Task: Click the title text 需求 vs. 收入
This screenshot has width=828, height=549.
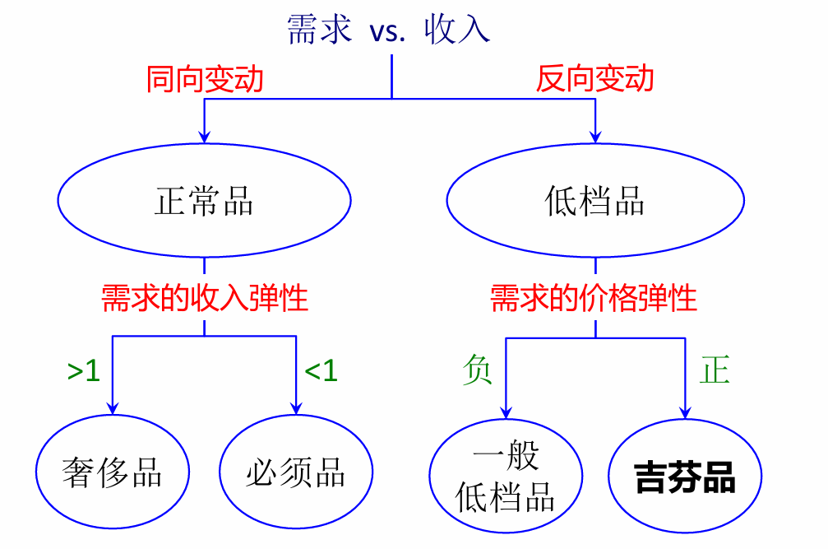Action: (389, 30)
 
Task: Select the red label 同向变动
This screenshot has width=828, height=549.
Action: (205, 79)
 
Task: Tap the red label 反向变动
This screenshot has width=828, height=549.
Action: (594, 79)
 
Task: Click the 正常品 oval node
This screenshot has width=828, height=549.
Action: (204, 201)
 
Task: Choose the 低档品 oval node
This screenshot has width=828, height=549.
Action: (594, 201)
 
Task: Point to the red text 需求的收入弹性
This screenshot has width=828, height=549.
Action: (205, 298)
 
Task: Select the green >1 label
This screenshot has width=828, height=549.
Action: (83, 372)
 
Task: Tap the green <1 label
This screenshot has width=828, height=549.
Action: (321, 372)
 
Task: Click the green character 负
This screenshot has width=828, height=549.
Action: (478, 370)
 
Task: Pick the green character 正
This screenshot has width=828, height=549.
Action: (714, 370)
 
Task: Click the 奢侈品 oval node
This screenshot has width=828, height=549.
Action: (112, 475)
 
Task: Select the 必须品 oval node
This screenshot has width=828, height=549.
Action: (296, 475)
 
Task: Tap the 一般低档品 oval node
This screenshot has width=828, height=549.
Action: (506, 477)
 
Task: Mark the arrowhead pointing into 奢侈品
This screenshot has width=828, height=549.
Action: (112, 408)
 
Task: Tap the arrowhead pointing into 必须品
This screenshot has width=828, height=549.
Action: (296, 408)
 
